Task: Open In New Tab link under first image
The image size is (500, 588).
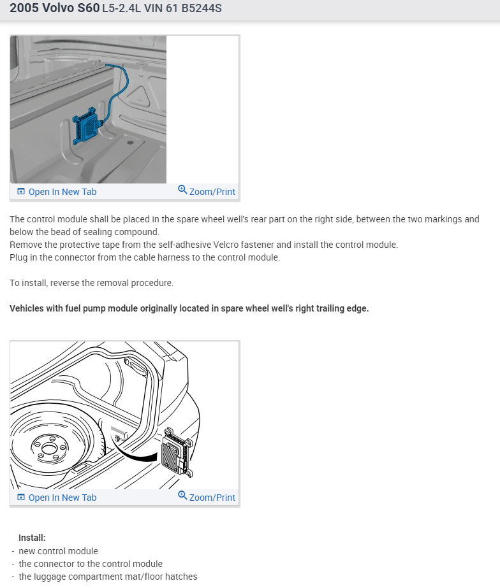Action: (62, 192)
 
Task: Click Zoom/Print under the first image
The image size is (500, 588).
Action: (212, 192)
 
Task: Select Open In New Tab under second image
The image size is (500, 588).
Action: (62, 498)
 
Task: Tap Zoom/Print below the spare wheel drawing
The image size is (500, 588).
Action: (212, 498)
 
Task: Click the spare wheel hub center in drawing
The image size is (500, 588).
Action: (47, 448)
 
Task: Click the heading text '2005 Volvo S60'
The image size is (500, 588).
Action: (55, 10)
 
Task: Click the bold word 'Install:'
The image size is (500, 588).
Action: (32, 538)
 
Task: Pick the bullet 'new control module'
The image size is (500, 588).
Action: (59, 551)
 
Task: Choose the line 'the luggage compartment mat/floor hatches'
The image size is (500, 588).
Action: (108, 577)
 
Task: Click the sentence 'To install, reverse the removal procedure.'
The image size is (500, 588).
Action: (91, 283)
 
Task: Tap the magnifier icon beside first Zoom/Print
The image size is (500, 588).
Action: (182, 190)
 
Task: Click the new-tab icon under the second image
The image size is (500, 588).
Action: (21, 498)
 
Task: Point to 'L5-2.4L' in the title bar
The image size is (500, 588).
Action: (121, 10)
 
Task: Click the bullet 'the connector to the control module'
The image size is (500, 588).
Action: (91, 564)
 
